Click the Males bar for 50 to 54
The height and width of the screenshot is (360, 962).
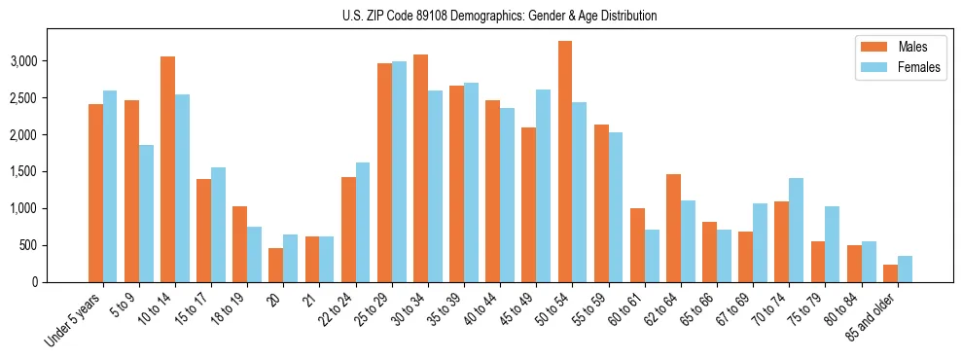coord(564,162)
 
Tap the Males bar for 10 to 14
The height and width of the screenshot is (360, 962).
coord(167,169)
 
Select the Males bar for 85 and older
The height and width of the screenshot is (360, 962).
coord(890,273)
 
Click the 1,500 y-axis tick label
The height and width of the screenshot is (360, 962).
coord(48,171)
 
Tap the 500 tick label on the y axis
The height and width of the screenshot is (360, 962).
coord(53,245)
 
